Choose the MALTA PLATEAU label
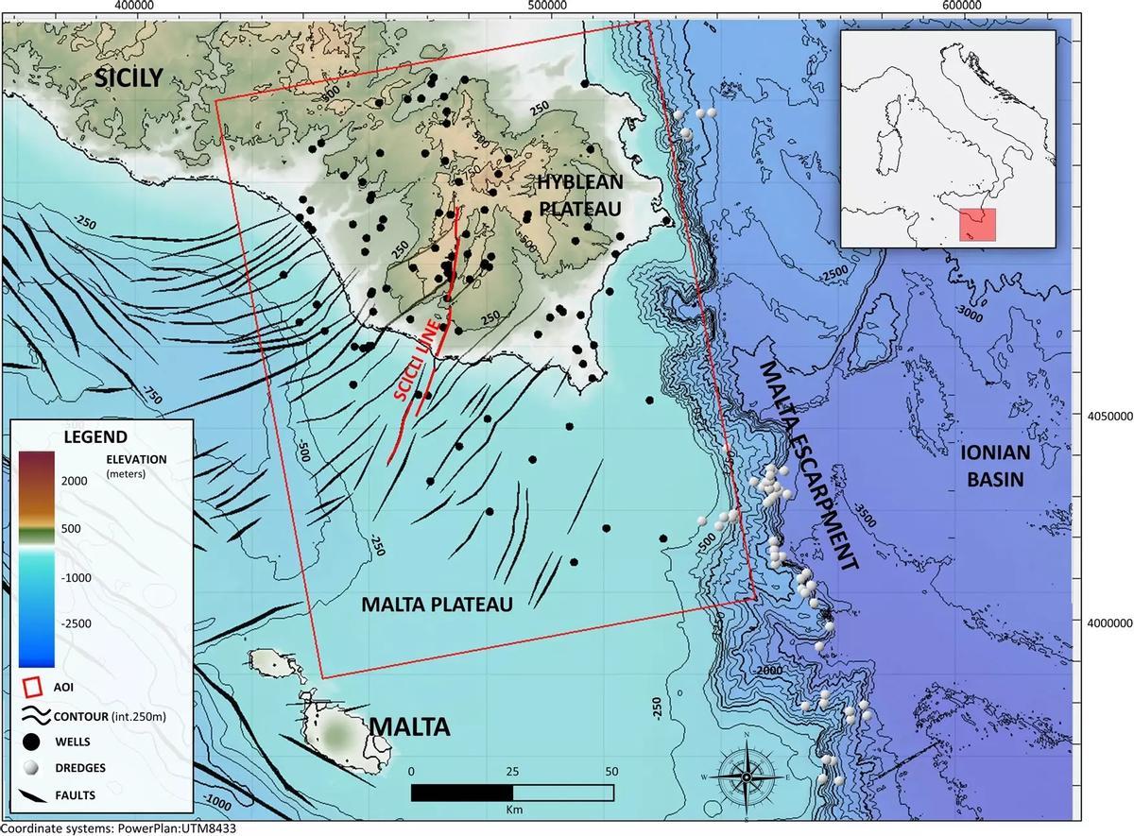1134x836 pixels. (x=437, y=606)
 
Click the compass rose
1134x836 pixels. (x=747, y=776)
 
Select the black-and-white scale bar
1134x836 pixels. (x=512, y=792)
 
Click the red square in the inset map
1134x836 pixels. (x=977, y=225)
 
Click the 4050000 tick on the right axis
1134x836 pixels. (x=1107, y=416)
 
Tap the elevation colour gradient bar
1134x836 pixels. (x=37, y=557)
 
